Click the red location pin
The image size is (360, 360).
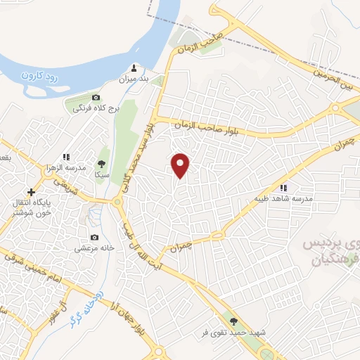(181, 165)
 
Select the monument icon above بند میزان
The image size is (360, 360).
(135, 69)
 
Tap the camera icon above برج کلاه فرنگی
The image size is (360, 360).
(96, 97)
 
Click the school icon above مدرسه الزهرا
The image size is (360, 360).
(67, 157)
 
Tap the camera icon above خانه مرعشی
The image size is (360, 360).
(94, 238)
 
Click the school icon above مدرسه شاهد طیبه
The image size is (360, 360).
(284, 188)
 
